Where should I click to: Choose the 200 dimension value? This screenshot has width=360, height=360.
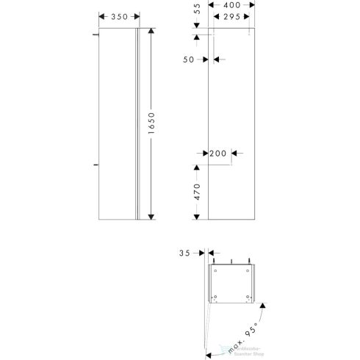point(217,154)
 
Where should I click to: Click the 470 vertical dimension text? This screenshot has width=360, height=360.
point(197,192)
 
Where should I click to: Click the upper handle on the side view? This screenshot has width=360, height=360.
point(96,35)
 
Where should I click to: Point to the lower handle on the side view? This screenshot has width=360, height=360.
point(96,167)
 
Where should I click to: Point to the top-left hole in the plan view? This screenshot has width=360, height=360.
point(215,270)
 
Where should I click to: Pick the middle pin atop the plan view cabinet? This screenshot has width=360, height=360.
point(232,261)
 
